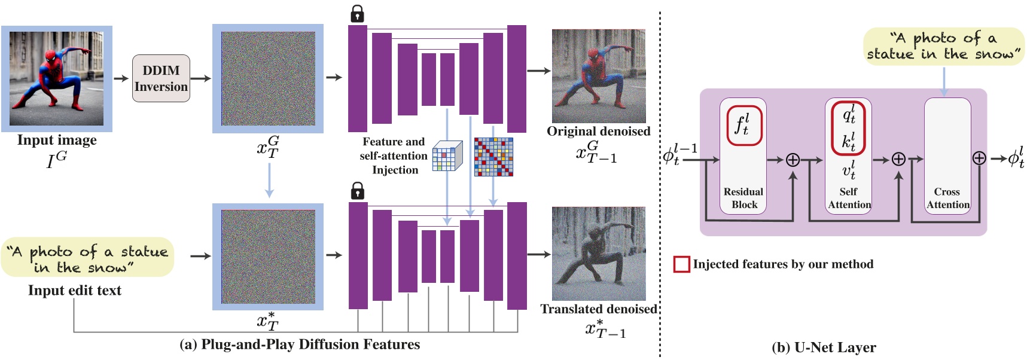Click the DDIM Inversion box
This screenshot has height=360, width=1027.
click(161, 78)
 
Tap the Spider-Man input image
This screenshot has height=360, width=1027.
click(57, 78)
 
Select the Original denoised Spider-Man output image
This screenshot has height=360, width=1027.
click(598, 76)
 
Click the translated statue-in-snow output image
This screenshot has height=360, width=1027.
click(598, 254)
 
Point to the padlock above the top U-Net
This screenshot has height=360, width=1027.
click(357, 13)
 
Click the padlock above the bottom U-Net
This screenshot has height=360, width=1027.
click(357, 191)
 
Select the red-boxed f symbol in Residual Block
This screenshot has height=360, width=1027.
click(743, 125)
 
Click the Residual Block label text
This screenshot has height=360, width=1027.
click(743, 198)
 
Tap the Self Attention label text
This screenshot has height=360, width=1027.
click(849, 198)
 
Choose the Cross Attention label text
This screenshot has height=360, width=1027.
click(947, 198)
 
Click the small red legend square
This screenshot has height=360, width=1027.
click(681, 264)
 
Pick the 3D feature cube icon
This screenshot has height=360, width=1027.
click(447, 156)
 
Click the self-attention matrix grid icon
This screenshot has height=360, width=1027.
click(493, 157)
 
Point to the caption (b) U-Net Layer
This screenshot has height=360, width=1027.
click(824, 347)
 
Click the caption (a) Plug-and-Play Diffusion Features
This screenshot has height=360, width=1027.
click(300, 344)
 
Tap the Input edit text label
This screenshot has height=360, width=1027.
click(75, 291)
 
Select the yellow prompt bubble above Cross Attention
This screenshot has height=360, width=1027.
click(943, 47)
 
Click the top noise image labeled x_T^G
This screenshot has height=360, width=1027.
click(268, 78)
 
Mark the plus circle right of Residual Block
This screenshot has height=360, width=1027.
click(793, 160)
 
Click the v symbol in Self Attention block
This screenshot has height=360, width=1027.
click(849, 170)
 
